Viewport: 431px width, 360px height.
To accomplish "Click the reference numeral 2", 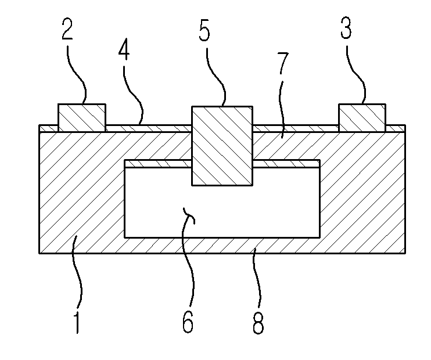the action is coord(67,28).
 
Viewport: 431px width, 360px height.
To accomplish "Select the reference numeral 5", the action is coord(204,30).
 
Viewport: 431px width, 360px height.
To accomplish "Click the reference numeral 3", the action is coord(346,27).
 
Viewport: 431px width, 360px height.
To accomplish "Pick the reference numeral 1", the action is coord(77,322).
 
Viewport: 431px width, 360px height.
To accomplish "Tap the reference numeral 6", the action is coord(188,322).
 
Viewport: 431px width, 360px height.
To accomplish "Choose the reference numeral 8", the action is coord(258,323).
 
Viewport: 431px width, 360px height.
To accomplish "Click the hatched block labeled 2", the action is coord(82,118).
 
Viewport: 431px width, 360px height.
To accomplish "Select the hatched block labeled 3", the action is coord(362,118).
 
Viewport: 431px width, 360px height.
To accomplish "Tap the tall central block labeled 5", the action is coord(222,146).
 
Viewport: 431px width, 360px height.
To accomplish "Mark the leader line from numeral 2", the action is coord(77,75).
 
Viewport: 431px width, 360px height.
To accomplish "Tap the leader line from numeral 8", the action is coord(257,278).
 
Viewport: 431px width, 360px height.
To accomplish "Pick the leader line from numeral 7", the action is coord(282,107).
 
